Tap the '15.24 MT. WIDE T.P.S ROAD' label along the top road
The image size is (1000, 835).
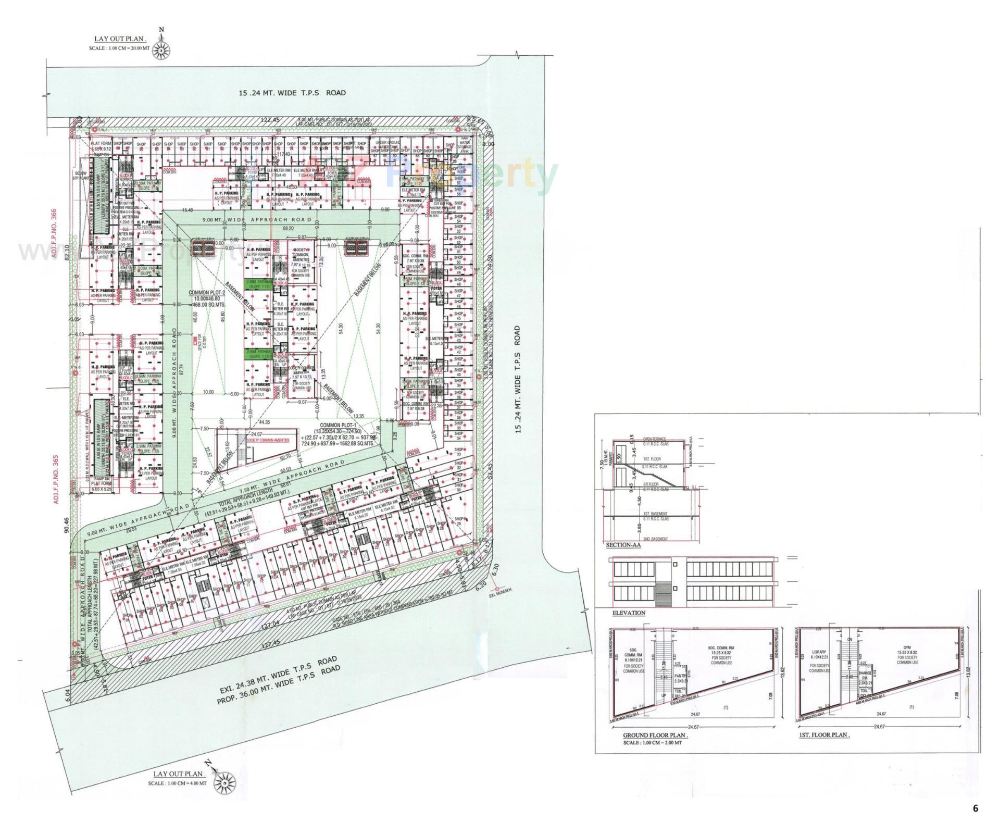coord(292,93)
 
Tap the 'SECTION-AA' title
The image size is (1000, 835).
coord(623,545)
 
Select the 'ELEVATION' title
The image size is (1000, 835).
coord(629,613)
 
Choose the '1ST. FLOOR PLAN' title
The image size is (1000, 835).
coord(824,735)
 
